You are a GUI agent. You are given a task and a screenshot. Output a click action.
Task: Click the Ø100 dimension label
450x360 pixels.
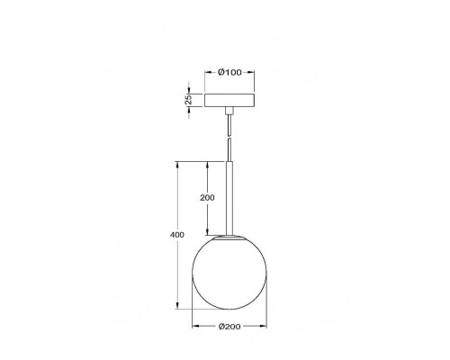[x=229, y=72]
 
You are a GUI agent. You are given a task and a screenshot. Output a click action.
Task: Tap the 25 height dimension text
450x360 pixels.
[x=188, y=99]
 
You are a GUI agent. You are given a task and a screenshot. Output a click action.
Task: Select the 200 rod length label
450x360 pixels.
[x=207, y=198]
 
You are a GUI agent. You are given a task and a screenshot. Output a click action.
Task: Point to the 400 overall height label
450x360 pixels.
[x=177, y=235]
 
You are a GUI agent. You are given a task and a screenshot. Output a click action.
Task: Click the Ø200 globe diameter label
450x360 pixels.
[x=229, y=326]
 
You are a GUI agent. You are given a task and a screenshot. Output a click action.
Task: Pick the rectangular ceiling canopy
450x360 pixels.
[x=229, y=100]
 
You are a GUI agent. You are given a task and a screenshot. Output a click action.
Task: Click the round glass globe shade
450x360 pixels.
[x=229, y=273]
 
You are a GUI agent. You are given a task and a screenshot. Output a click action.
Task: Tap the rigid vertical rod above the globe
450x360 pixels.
[x=229, y=198]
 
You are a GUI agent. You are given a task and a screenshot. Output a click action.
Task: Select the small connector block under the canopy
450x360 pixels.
[x=229, y=111]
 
